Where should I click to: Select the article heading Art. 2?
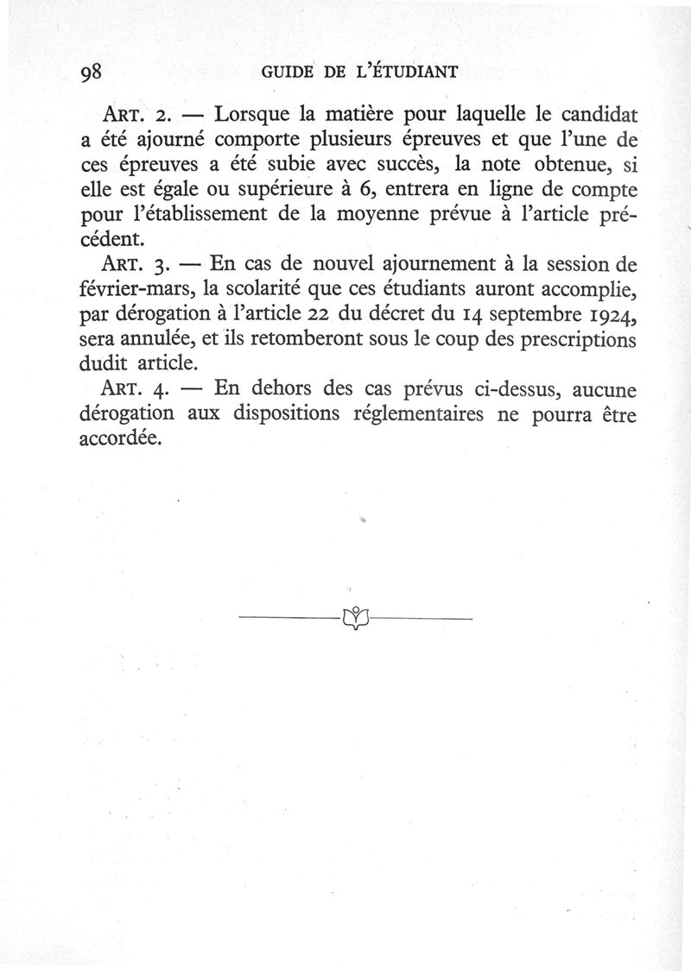pos(139,113)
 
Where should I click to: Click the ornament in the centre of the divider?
pos(355,618)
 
